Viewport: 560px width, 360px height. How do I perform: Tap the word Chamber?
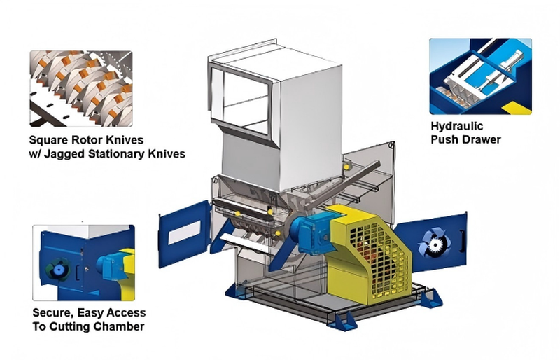click(x=120, y=327)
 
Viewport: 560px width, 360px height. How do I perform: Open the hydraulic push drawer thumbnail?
click(x=480, y=76)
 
